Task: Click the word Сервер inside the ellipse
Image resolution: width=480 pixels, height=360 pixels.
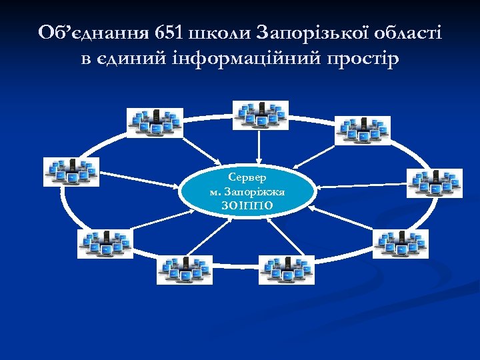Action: (247, 178)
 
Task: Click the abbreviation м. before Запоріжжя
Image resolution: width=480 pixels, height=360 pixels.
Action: (214, 192)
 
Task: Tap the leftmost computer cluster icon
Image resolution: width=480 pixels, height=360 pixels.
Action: (71, 171)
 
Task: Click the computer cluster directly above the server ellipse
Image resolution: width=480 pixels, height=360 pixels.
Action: (259, 115)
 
